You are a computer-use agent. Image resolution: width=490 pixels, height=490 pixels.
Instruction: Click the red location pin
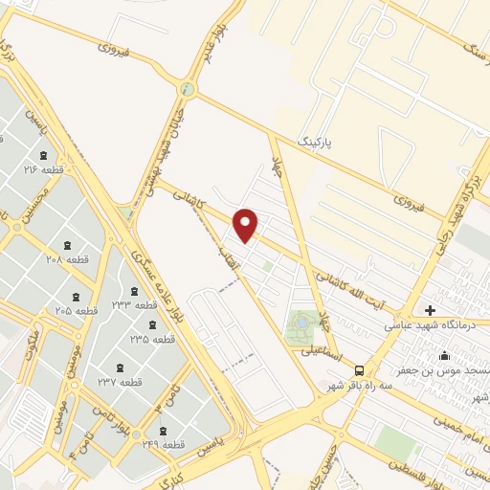click(247, 226)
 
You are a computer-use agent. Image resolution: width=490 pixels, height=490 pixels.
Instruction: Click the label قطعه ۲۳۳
click(133, 304)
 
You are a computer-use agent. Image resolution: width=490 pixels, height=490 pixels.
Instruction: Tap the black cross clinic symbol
click(430, 310)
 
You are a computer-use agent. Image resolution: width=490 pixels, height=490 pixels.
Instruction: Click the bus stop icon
click(359, 369)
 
